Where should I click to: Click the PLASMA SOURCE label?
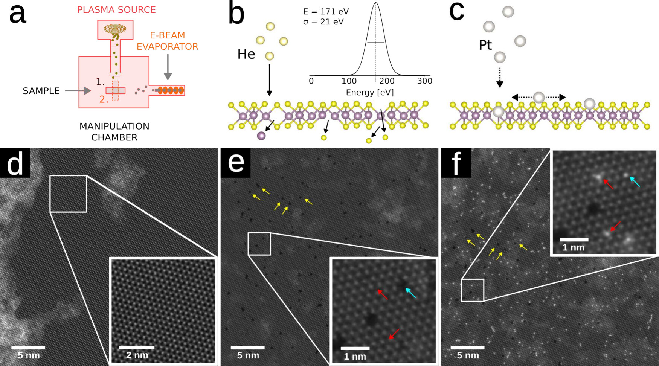pos(116,10)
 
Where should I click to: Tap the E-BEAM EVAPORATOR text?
pos(167,41)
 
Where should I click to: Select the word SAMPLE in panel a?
pos(41,91)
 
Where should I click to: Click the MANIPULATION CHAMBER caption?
pos(114,132)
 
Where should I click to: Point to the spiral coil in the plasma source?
pos(115,29)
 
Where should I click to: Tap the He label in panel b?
pos(246,54)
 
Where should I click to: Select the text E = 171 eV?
pos(326,12)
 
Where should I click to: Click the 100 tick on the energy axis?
pos(349,81)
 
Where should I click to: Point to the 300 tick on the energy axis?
pos(425,81)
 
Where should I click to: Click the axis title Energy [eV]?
pos(370,93)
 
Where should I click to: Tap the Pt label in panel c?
pos(485,45)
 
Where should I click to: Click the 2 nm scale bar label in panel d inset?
pos(137,355)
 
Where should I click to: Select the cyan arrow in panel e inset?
pos(410,293)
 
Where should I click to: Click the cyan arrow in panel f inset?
pos(635,182)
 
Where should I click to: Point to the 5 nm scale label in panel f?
pos(468,355)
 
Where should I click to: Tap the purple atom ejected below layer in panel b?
pos(261,136)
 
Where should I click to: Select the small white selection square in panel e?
pos(259,244)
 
